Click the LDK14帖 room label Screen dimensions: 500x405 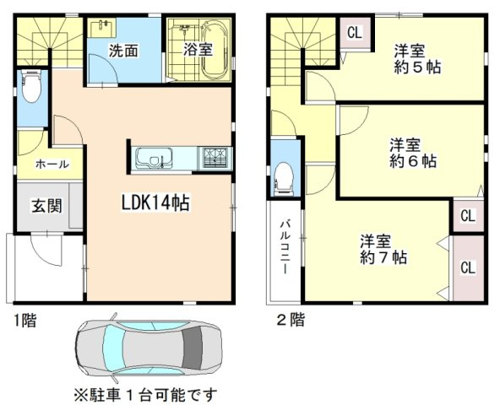tap(155, 202)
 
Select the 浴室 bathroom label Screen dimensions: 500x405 tap(198, 50)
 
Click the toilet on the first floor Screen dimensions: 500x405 tap(31, 86)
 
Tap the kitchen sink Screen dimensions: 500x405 tap(154, 158)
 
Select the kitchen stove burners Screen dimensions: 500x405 tap(215, 158)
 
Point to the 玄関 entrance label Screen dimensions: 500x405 tap(46, 206)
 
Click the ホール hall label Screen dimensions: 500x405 tap(52, 164)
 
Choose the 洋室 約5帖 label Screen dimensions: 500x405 tap(417, 60)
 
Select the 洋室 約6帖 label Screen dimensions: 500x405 tap(413, 153)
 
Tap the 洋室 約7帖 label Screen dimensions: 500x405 tap(383, 250)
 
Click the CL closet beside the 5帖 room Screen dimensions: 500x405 tap(355, 33)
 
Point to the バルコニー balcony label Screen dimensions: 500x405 tap(285, 247)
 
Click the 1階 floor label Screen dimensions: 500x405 tap(24, 321)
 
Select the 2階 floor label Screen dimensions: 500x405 tap(291, 320)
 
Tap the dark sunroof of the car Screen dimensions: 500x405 tap(193, 348)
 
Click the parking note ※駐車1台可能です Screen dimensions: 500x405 tap(146, 395)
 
